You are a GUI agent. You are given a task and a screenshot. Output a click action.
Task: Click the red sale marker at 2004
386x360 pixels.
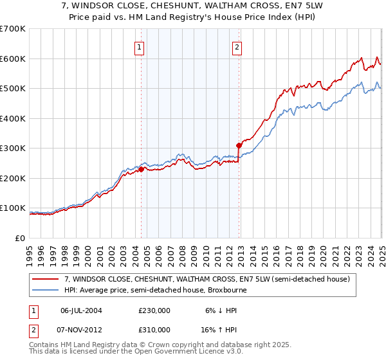coord(142,170)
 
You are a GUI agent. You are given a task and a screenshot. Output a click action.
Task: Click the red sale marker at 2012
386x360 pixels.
coord(239,145)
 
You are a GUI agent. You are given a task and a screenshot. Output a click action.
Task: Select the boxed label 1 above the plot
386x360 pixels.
coord(140,46)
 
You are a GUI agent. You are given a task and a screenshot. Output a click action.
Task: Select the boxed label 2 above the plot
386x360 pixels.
coord(237,46)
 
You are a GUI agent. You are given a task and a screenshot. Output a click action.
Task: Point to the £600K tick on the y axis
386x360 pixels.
coord(14,59)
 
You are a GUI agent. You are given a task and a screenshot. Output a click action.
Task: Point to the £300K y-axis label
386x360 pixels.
coord(14,148)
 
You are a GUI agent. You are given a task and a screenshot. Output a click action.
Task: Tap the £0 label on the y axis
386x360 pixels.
coord(20,238)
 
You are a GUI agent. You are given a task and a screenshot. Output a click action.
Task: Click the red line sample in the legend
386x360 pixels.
coord(46,279)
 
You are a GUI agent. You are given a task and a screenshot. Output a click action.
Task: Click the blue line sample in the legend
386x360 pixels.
coord(46,290)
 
